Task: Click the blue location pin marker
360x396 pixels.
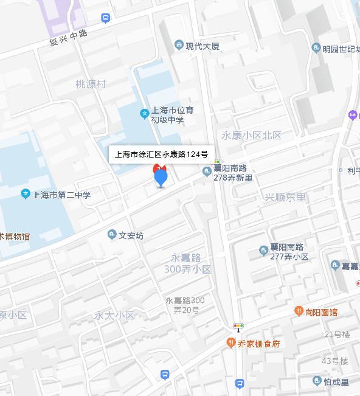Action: [x=161, y=178]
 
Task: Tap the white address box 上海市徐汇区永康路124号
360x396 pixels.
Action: [x=162, y=155]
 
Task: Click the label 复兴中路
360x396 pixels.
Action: [x=69, y=38]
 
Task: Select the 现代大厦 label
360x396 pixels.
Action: [x=203, y=46]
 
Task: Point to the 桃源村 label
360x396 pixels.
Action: [x=91, y=84]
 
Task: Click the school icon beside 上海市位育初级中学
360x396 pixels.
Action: [x=145, y=113]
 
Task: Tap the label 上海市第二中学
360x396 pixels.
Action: [x=61, y=195]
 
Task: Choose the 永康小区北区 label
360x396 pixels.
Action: [x=251, y=136]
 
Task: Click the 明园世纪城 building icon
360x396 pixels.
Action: [x=316, y=48]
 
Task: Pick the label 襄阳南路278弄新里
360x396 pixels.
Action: [x=233, y=173]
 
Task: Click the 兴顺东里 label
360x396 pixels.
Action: [x=285, y=197]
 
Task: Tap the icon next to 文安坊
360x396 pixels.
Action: [x=112, y=235]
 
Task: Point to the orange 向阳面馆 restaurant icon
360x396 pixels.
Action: [x=299, y=311]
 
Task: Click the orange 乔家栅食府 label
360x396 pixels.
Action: [x=258, y=344]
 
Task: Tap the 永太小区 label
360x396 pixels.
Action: [x=114, y=315]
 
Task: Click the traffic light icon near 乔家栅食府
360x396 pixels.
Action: [x=238, y=326]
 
